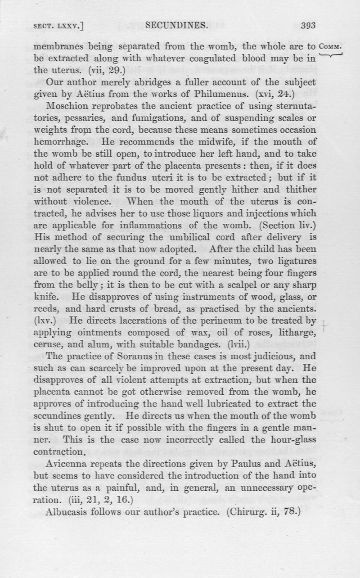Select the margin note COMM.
pyautogui.click(x=331, y=46)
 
